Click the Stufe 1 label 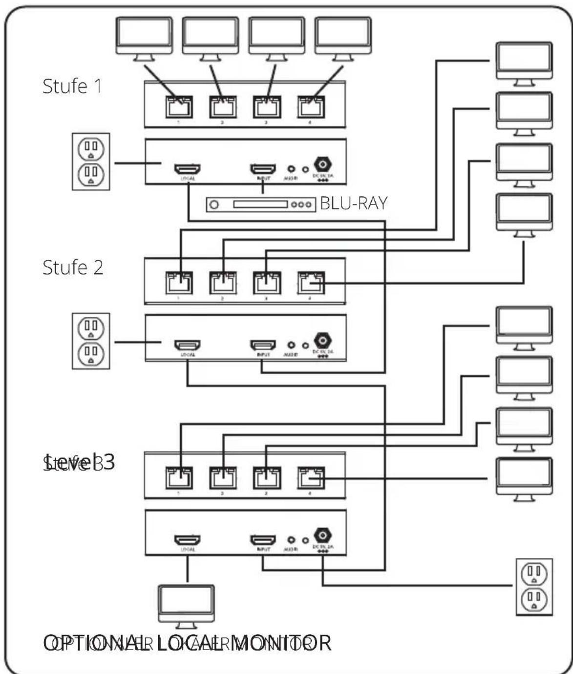[x=72, y=86]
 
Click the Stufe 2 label [x=73, y=267]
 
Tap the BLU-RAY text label [x=354, y=203]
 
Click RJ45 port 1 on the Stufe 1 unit [x=179, y=107]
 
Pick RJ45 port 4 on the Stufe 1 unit [x=311, y=107]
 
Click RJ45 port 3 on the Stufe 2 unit [x=267, y=283]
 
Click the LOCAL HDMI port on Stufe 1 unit [x=188, y=169]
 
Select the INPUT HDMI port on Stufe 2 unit [x=263, y=345]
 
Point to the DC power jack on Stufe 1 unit [x=323, y=164]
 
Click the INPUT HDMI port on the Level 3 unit [x=263, y=540]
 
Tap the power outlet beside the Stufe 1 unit [x=91, y=161]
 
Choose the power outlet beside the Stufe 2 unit [x=91, y=341]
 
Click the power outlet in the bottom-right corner [x=534, y=586]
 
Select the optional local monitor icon [x=186, y=605]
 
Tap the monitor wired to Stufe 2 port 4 [x=524, y=214]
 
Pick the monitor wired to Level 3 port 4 [x=524, y=478]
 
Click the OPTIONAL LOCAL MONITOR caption [x=188, y=643]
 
